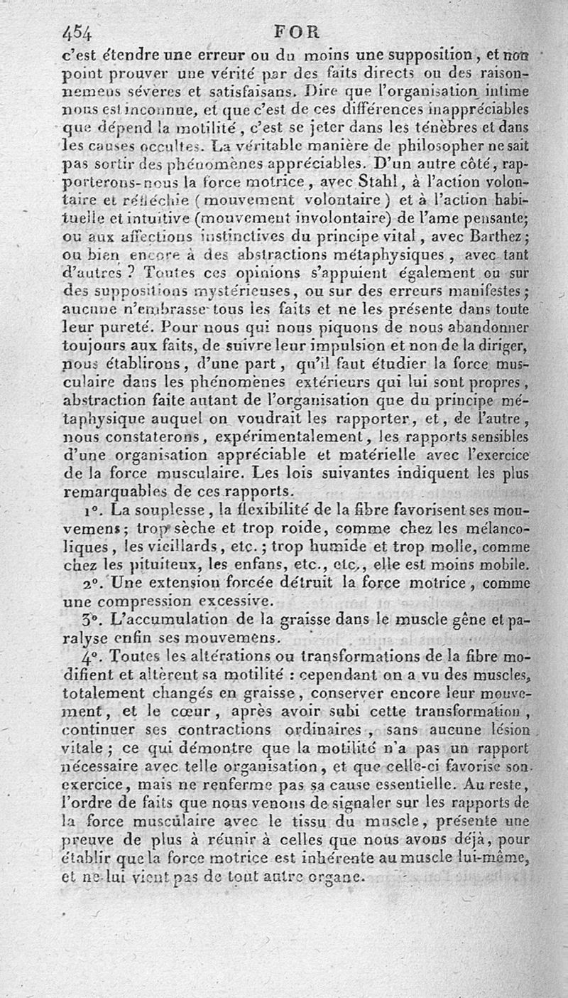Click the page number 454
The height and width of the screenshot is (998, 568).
tap(80, 33)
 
